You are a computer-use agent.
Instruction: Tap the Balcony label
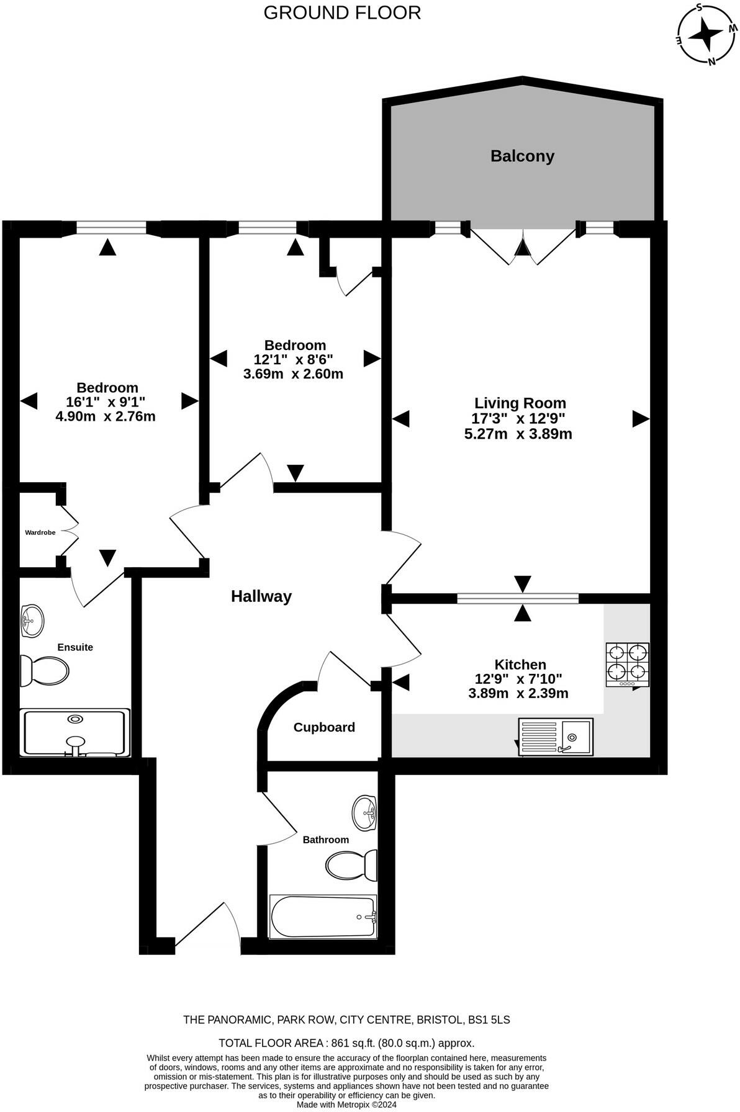[x=522, y=156]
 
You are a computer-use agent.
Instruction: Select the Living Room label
[x=520, y=403]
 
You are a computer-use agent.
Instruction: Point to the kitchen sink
[x=556, y=737]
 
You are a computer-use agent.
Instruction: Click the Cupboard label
[x=324, y=727]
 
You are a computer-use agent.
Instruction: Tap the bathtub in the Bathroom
[x=323, y=916]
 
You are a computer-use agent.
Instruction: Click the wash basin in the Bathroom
[x=364, y=812]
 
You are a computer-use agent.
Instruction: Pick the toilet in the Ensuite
[x=44, y=671]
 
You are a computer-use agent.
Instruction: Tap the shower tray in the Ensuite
[x=74, y=733]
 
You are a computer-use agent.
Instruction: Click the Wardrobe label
[x=40, y=532]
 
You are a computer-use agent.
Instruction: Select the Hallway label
[x=261, y=596]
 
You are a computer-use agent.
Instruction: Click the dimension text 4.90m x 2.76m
[x=106, y=416]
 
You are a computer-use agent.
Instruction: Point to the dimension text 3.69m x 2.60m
[x=293, y=374]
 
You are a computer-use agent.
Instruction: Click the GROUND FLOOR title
[x=342, y=12]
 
